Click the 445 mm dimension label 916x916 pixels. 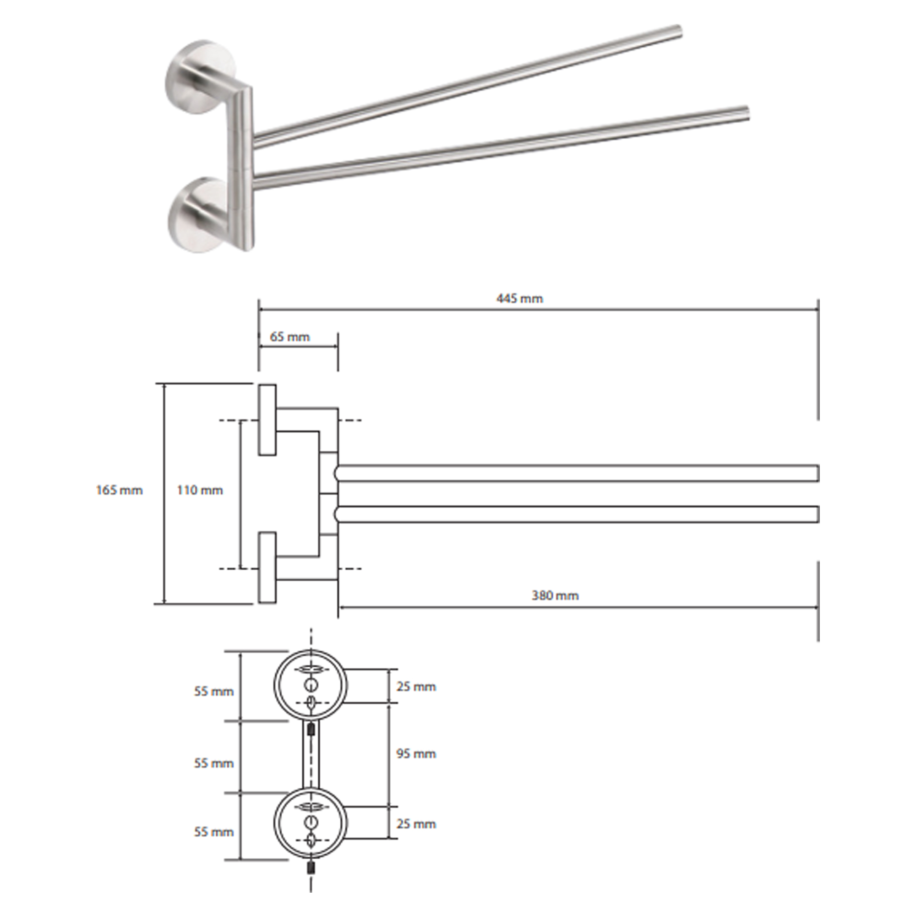point(520,299)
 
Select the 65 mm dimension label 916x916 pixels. point(290,337)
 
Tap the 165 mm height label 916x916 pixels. point(119,490)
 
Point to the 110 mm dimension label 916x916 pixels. point(200,490)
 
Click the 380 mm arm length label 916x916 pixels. point(555,595)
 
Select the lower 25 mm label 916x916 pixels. point(416,823)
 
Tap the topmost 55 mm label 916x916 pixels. point(213,691)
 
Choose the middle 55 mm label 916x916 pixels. point(213,763)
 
